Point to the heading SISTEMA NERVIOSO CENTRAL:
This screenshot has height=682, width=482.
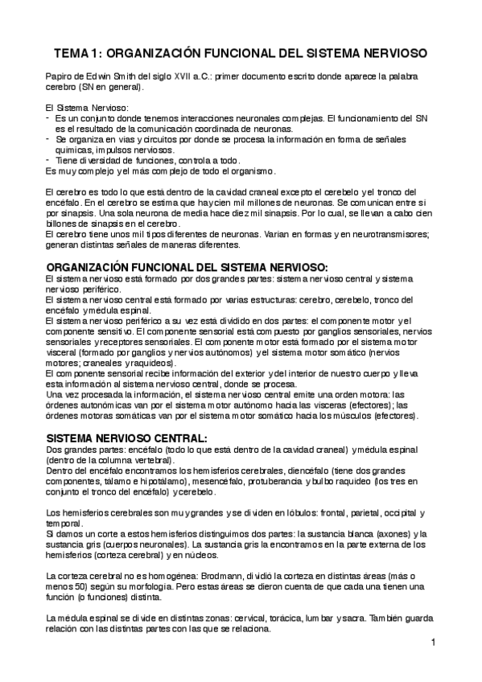click(x=127, y=438)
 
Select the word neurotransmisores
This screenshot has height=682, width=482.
click(x=385, y=234)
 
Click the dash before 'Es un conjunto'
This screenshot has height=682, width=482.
click(x=49, y=118)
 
